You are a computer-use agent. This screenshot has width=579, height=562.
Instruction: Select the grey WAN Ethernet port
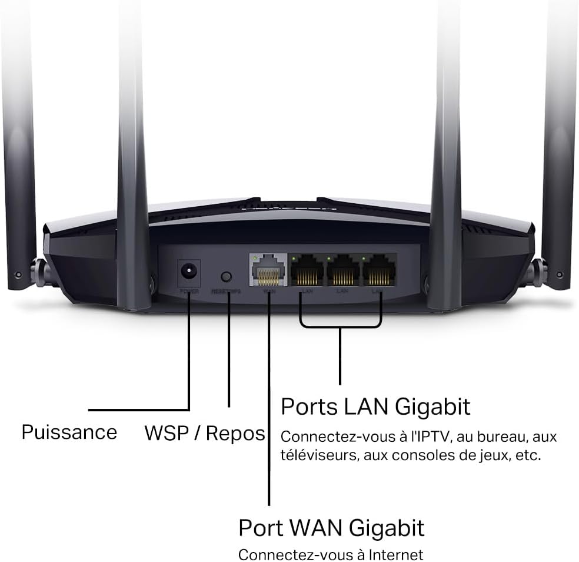(x=268, y=272)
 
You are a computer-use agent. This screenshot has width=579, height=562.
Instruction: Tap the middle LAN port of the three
(x=343, y=272)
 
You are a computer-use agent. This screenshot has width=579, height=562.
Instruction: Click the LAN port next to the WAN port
(x=307, y=272)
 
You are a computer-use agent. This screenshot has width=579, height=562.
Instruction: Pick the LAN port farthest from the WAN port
(x=380, y=272)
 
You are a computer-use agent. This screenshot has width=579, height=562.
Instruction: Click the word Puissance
(x=69, y=432)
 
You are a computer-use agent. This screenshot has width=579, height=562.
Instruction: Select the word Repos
(x=235, y=434)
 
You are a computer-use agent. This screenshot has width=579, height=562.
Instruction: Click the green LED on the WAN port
(x=253, y=257)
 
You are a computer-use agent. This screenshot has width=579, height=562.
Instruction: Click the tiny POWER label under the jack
(x=189, y=292)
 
